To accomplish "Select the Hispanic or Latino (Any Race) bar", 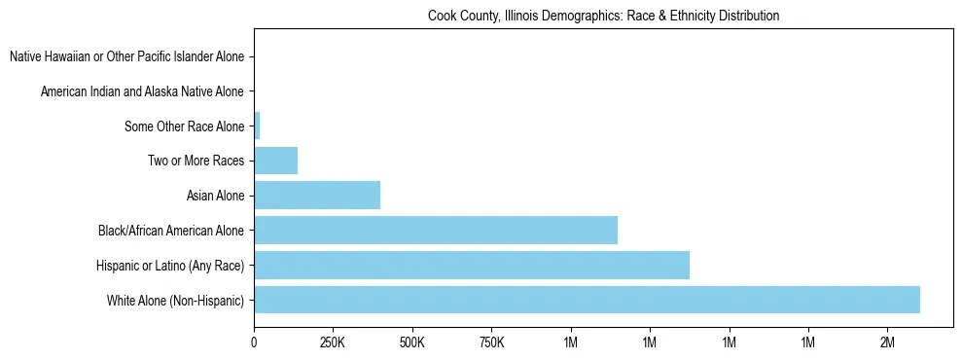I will coord(472,265).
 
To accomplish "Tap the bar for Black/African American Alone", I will coord(436,230).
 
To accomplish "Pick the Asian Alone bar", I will coord(317,196).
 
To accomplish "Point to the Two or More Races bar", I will coord(275,161).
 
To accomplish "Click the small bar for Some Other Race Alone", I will coord(257,126).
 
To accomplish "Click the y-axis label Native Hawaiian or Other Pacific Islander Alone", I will coord(126,56).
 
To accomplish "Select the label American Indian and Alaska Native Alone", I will coord(142,91).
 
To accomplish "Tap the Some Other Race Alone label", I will coord(184,126).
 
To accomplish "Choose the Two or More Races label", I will coord(196,161).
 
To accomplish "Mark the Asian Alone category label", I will coord(215,196).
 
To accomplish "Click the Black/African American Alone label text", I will coord(171,231).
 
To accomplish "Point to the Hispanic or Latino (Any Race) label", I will coord(170,266).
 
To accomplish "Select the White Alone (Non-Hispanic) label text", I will coord(176,301).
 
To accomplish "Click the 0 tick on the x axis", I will coord(254,343).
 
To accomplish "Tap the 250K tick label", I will coord(333,343).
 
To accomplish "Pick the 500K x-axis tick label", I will coord(412,343).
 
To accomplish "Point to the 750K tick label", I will coord(491,343).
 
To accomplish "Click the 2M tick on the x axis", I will coord(887,343).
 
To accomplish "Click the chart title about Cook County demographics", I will coord(603,17).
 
